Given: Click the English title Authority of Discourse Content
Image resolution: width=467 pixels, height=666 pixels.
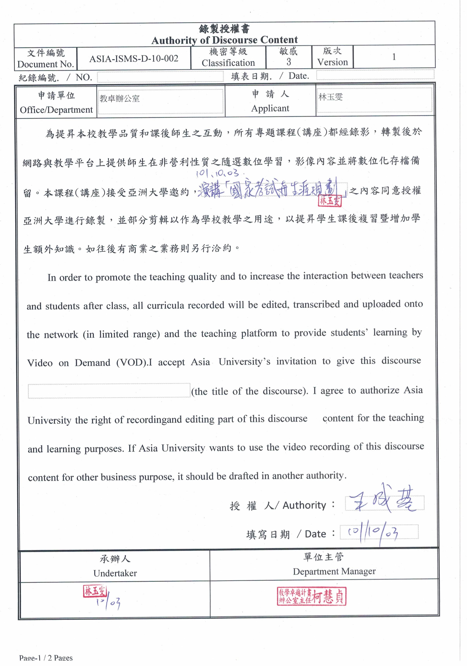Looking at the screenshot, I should (x=224, y=40).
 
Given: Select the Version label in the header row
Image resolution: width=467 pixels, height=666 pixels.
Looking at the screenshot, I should (x=332, y=62).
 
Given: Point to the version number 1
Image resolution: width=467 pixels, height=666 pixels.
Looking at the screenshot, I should (x=394, y=57).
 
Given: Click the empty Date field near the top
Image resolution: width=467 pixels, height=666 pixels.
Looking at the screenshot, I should (x=375, y=75).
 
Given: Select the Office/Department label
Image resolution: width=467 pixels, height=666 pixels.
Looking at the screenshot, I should (x=56, y=110).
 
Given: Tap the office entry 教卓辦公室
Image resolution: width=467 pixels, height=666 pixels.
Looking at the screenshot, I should (x=120, y=99).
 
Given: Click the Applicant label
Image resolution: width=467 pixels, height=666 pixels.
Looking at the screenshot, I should (x=270, y=108).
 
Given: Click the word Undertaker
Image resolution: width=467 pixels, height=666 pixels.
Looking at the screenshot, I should (x=115, y=573).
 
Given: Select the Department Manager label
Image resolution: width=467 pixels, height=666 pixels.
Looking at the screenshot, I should (x=334, y=571).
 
